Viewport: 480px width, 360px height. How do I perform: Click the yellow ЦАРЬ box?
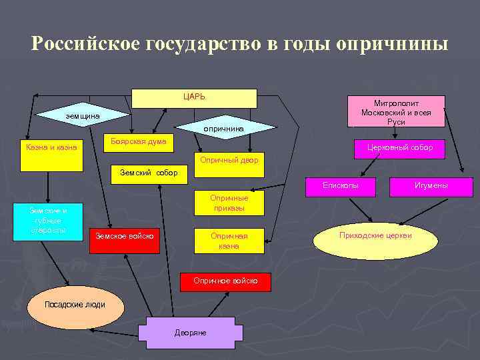pyautogui.click(x=194, y=98)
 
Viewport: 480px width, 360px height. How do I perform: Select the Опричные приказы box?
pyautogui.click(x=229, y=203)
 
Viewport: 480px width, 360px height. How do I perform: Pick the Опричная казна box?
pyautogui.click(x=229, y=241)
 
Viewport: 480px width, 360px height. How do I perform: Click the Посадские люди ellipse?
pyautogui.click(x=74, y=305)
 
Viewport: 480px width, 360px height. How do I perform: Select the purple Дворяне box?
pyautogui.click(x=190, y=333)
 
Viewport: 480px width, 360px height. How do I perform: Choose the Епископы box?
pyautogui.click(x=341, y=186)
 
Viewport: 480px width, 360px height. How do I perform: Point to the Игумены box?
pyautogui.click(x=431, y=186)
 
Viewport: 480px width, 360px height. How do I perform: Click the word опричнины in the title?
pyautogui.click(x=392, y=44)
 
